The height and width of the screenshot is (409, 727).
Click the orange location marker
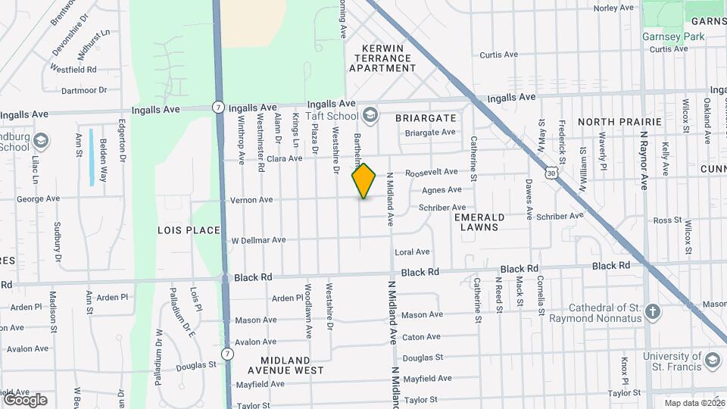point(363,180)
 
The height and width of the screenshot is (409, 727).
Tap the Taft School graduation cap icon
point(370,115)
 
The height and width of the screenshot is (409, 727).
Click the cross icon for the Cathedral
point(654,311)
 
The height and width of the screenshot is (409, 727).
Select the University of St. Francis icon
point(712,361)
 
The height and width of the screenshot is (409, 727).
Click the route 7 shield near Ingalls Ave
point(218,107)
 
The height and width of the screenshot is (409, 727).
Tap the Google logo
point(25,399)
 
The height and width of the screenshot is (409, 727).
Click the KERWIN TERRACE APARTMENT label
point(382,58)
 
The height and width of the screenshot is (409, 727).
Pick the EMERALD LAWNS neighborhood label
point(479,221)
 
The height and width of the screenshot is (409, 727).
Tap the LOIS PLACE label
point(189,229)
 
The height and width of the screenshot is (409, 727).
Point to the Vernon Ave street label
point(250,200)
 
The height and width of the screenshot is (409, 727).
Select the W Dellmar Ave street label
point(258,240)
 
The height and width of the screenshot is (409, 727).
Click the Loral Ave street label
point(412,251)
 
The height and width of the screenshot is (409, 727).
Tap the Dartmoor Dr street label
point(83,90)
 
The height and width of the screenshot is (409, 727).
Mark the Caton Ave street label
point(421,337)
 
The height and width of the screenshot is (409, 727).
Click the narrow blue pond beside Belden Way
point(91,156)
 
